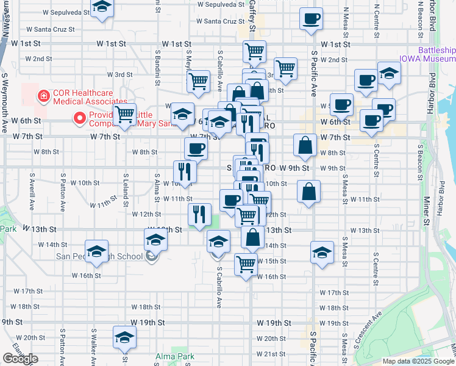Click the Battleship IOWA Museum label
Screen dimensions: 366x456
point(435,54)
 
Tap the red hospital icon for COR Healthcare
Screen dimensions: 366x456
point(43,96)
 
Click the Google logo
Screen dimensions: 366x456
point(20,359)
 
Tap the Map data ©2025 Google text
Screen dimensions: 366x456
point(418,361)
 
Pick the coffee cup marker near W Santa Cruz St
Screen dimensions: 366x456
point(311,18)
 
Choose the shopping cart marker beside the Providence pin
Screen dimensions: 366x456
point(124,113)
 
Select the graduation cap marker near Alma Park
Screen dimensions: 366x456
point(124,337)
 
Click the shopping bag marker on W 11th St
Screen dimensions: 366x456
point(310,192)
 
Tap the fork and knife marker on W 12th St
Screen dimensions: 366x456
point(199,214)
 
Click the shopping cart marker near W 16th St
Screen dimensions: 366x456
point(246,265)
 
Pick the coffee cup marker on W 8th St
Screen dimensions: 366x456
point(196,148)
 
